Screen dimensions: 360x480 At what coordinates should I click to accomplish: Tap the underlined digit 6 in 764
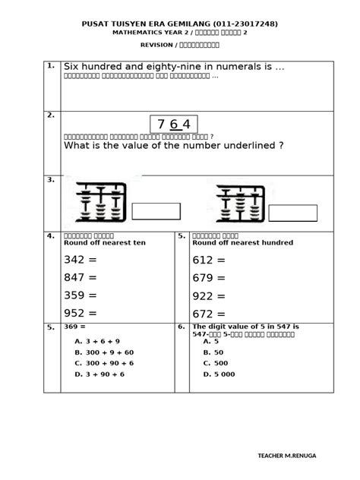click(174, 124)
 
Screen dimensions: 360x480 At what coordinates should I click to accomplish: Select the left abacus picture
click(97, 201)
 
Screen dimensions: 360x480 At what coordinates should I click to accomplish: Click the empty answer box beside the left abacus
click(156, 211)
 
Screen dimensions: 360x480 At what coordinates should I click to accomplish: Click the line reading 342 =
click(81, 261)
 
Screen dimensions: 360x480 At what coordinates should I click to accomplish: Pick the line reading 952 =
click(81, 312)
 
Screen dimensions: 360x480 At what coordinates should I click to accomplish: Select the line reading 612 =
click(210, 261)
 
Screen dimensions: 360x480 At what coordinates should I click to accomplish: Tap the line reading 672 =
click(210, 312)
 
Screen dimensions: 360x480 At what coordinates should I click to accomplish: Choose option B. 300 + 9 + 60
click(104, 352)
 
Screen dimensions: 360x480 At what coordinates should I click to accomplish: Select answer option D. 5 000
click(219, 374)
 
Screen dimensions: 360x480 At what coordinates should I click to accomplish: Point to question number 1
click(50, 66)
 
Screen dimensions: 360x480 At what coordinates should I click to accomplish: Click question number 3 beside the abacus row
click(50, 180)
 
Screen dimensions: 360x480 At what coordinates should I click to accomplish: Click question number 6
click(182, 327)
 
